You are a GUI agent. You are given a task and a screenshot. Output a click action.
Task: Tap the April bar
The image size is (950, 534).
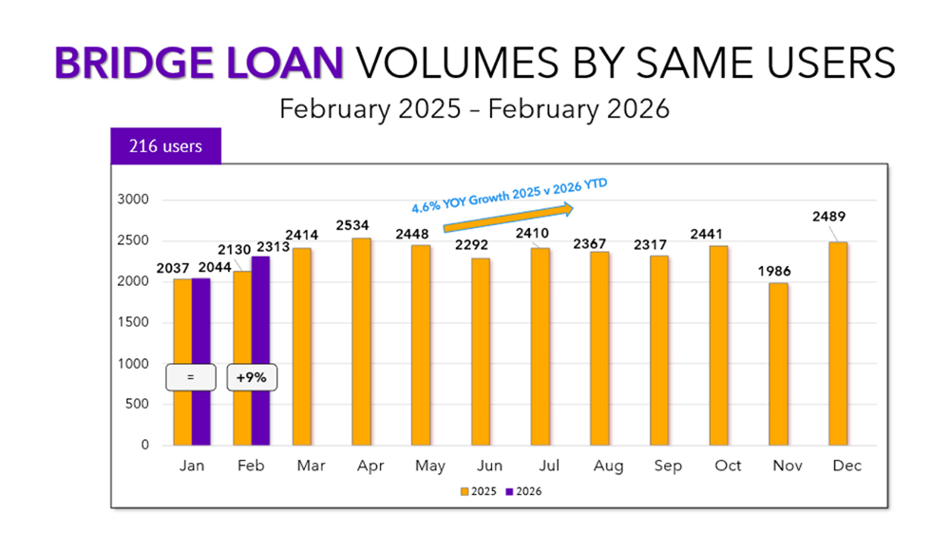361,342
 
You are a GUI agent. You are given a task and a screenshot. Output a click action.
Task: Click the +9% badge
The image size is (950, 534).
251,377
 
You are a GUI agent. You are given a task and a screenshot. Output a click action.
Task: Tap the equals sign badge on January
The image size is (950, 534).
190,377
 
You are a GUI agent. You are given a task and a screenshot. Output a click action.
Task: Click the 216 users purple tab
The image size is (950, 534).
165,147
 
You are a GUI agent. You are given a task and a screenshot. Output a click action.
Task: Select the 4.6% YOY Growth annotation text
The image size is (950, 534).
508,195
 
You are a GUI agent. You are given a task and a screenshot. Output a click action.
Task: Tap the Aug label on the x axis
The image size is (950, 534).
608,467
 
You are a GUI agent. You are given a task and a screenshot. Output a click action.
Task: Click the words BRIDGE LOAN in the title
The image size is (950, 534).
199,63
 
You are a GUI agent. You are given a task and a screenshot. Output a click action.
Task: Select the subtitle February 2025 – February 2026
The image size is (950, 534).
474,108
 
